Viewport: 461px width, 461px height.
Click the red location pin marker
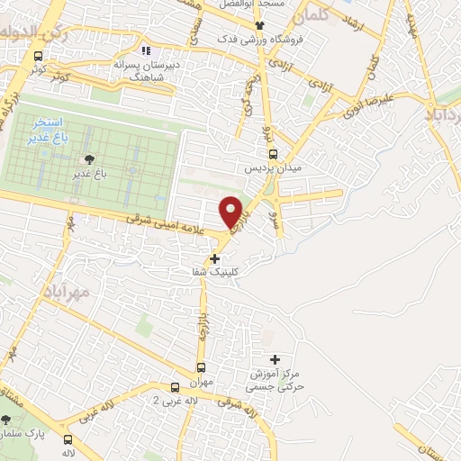coord(231,211)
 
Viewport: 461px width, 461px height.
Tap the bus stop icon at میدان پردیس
coord(274,153)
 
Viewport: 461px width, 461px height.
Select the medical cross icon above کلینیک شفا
coord(214,258)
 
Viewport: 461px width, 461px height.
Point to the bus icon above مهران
coord(200,367)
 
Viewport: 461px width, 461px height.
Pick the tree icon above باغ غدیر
coord(88,159)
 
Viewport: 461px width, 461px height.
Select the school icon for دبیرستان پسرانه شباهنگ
coord(147,50)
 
